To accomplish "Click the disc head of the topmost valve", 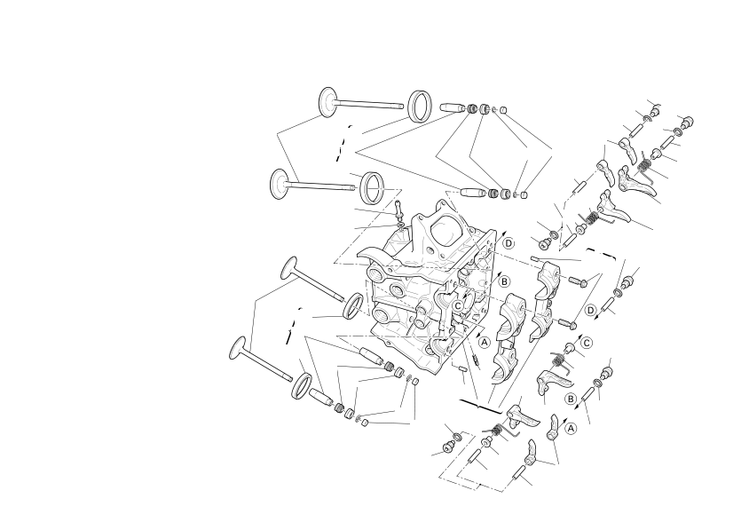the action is pyautogui.click(x=328, y=101).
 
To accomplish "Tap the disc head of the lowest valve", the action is pyautogui.click(x=238, y=348).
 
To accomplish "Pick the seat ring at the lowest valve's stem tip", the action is pyautogui.click(x=302, y=385).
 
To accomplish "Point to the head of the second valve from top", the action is pyautogui.click(x=280, y=183).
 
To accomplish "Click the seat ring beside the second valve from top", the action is pyautogui.click(x=372, y=188).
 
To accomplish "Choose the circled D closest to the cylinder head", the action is pyautogui.click(x=509, y=243).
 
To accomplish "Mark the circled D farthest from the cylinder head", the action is pyautogui.click(x=591, y=311).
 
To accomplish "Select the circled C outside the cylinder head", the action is pyautogui.click(x=586, y=343).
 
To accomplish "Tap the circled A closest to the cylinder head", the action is pyautogui.click(x=485, y=342).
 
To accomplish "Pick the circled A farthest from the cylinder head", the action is pyautogui.click(x=571, y=428).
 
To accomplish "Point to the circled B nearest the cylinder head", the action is pyautogui.click(x=504, y=282).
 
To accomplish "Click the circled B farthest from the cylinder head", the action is pyautogui.click(x=570, y=399).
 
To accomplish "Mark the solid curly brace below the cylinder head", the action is pyautogui.click(x=480, y=406).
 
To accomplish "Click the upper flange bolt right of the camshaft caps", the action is pyautogui.click(x=578, y=282).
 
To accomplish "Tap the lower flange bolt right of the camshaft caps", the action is pyautogui.click(x=567, y=324).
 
